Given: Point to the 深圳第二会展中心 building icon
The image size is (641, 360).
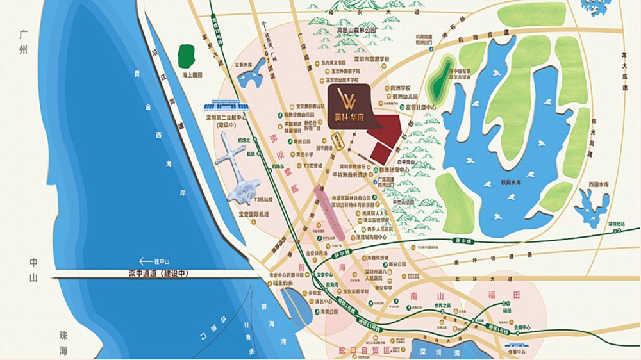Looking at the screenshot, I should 224,108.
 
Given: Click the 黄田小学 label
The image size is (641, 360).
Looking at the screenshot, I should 304,154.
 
